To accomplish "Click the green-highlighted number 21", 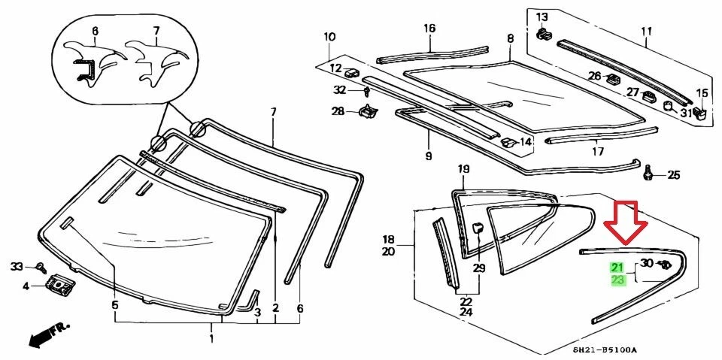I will point(617,268).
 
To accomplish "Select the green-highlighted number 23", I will point(617,280).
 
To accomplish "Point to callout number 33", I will point(17,267).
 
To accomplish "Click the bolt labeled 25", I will point(648,175).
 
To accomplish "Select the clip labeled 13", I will point(542,34).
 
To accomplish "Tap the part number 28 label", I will point(338,111).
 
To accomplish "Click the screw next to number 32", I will point(366,92).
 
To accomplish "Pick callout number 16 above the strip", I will point(429,29).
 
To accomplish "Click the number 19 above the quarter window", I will point(463,169).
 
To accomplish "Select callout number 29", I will point(479,268).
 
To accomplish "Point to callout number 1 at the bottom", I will point(211,339).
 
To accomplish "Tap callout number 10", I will point(329,37).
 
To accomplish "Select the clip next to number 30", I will point(666,264).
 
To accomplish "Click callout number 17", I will point(598,152).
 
